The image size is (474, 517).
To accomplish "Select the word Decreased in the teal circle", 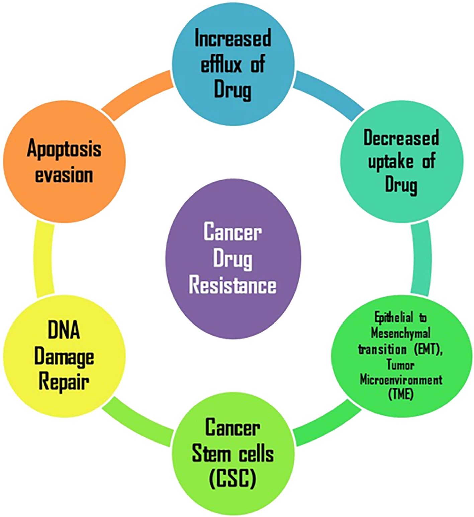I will point(401,138).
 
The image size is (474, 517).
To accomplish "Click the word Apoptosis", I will point(64,149).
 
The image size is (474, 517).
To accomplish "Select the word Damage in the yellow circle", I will point(64,357).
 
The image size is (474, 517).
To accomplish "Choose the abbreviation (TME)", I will point(401,395).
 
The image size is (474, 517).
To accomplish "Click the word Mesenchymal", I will point(401,333).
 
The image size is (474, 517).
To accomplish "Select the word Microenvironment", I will point(401,380).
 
